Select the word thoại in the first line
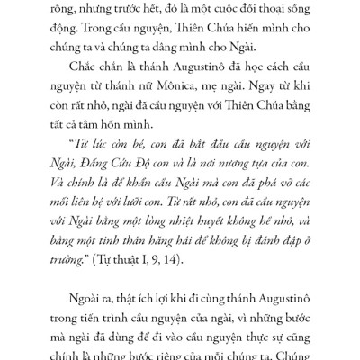point(245,13)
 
